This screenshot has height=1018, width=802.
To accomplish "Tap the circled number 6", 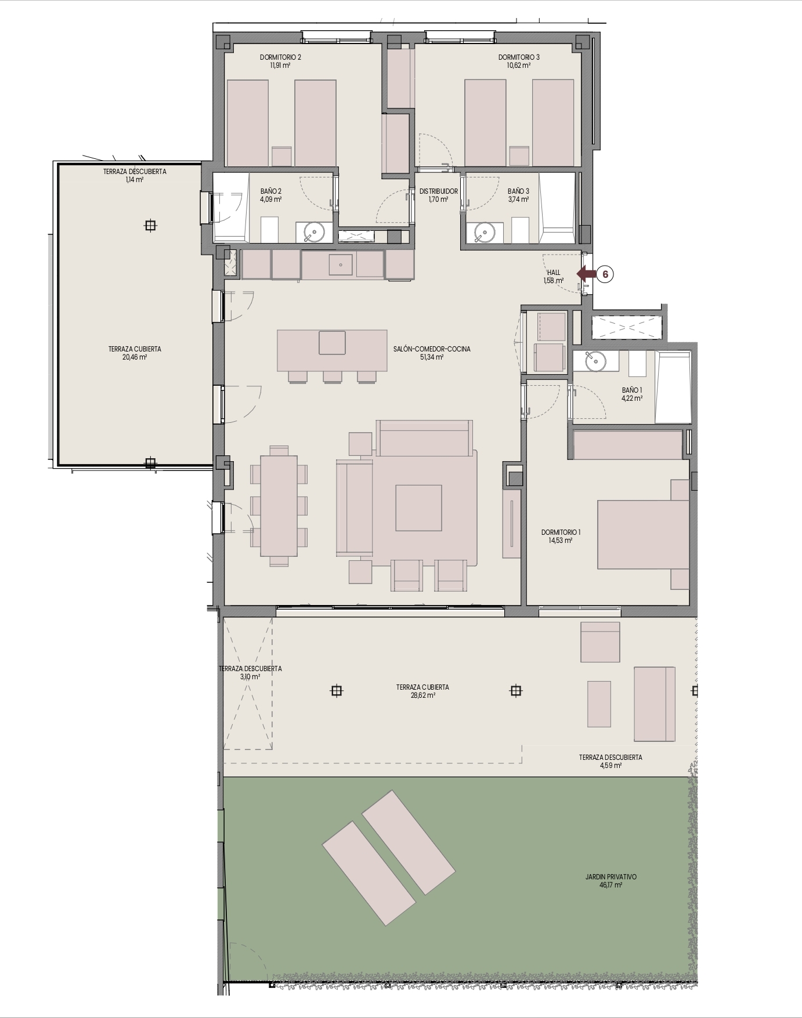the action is [605, 274].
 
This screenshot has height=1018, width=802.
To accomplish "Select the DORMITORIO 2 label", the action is [280, 57].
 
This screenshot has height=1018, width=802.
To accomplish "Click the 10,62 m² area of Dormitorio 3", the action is [519, 66].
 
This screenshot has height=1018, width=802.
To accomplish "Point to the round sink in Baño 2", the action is [314, 233].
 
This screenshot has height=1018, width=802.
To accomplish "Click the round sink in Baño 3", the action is [483, 233].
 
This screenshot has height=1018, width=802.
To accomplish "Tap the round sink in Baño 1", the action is [595, 361].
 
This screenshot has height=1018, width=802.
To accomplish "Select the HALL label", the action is [554, 272].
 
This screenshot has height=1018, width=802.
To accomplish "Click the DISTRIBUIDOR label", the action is [439, 191].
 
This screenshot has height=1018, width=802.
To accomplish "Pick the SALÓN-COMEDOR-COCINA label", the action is [432, 349].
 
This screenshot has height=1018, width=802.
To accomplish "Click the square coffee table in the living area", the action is [418, 508].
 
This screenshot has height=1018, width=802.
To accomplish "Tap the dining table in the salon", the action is [279, 506].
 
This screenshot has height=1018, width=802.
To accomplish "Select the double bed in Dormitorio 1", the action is [643, 534].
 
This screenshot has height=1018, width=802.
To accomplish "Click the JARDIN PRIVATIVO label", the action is [611, 877].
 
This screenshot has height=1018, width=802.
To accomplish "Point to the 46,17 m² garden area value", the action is [611, 885].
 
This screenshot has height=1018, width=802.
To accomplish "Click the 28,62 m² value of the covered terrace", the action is [423, 695].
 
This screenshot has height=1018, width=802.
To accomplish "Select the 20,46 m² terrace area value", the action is [135, 357].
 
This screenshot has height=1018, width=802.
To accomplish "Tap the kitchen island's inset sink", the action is [332, 342].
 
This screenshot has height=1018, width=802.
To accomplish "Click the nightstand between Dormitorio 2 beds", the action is [281, 156].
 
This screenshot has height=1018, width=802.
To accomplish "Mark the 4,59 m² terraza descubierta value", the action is [610, 766].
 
